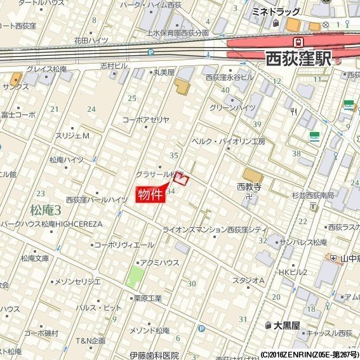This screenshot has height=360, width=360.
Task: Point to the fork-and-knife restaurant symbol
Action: tap(293, 110)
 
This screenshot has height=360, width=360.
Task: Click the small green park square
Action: tap(135, 276)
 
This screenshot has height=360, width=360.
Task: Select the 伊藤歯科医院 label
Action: tap(153, 355)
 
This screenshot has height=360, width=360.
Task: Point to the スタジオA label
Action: tap(248, 280)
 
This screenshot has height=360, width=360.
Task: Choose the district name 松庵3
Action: tap(45, 210)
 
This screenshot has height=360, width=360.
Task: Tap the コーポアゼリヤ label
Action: tap(146, 119)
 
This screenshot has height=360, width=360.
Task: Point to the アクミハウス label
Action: tap(156, 262)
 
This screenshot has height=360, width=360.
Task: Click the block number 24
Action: tap(91, 109)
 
